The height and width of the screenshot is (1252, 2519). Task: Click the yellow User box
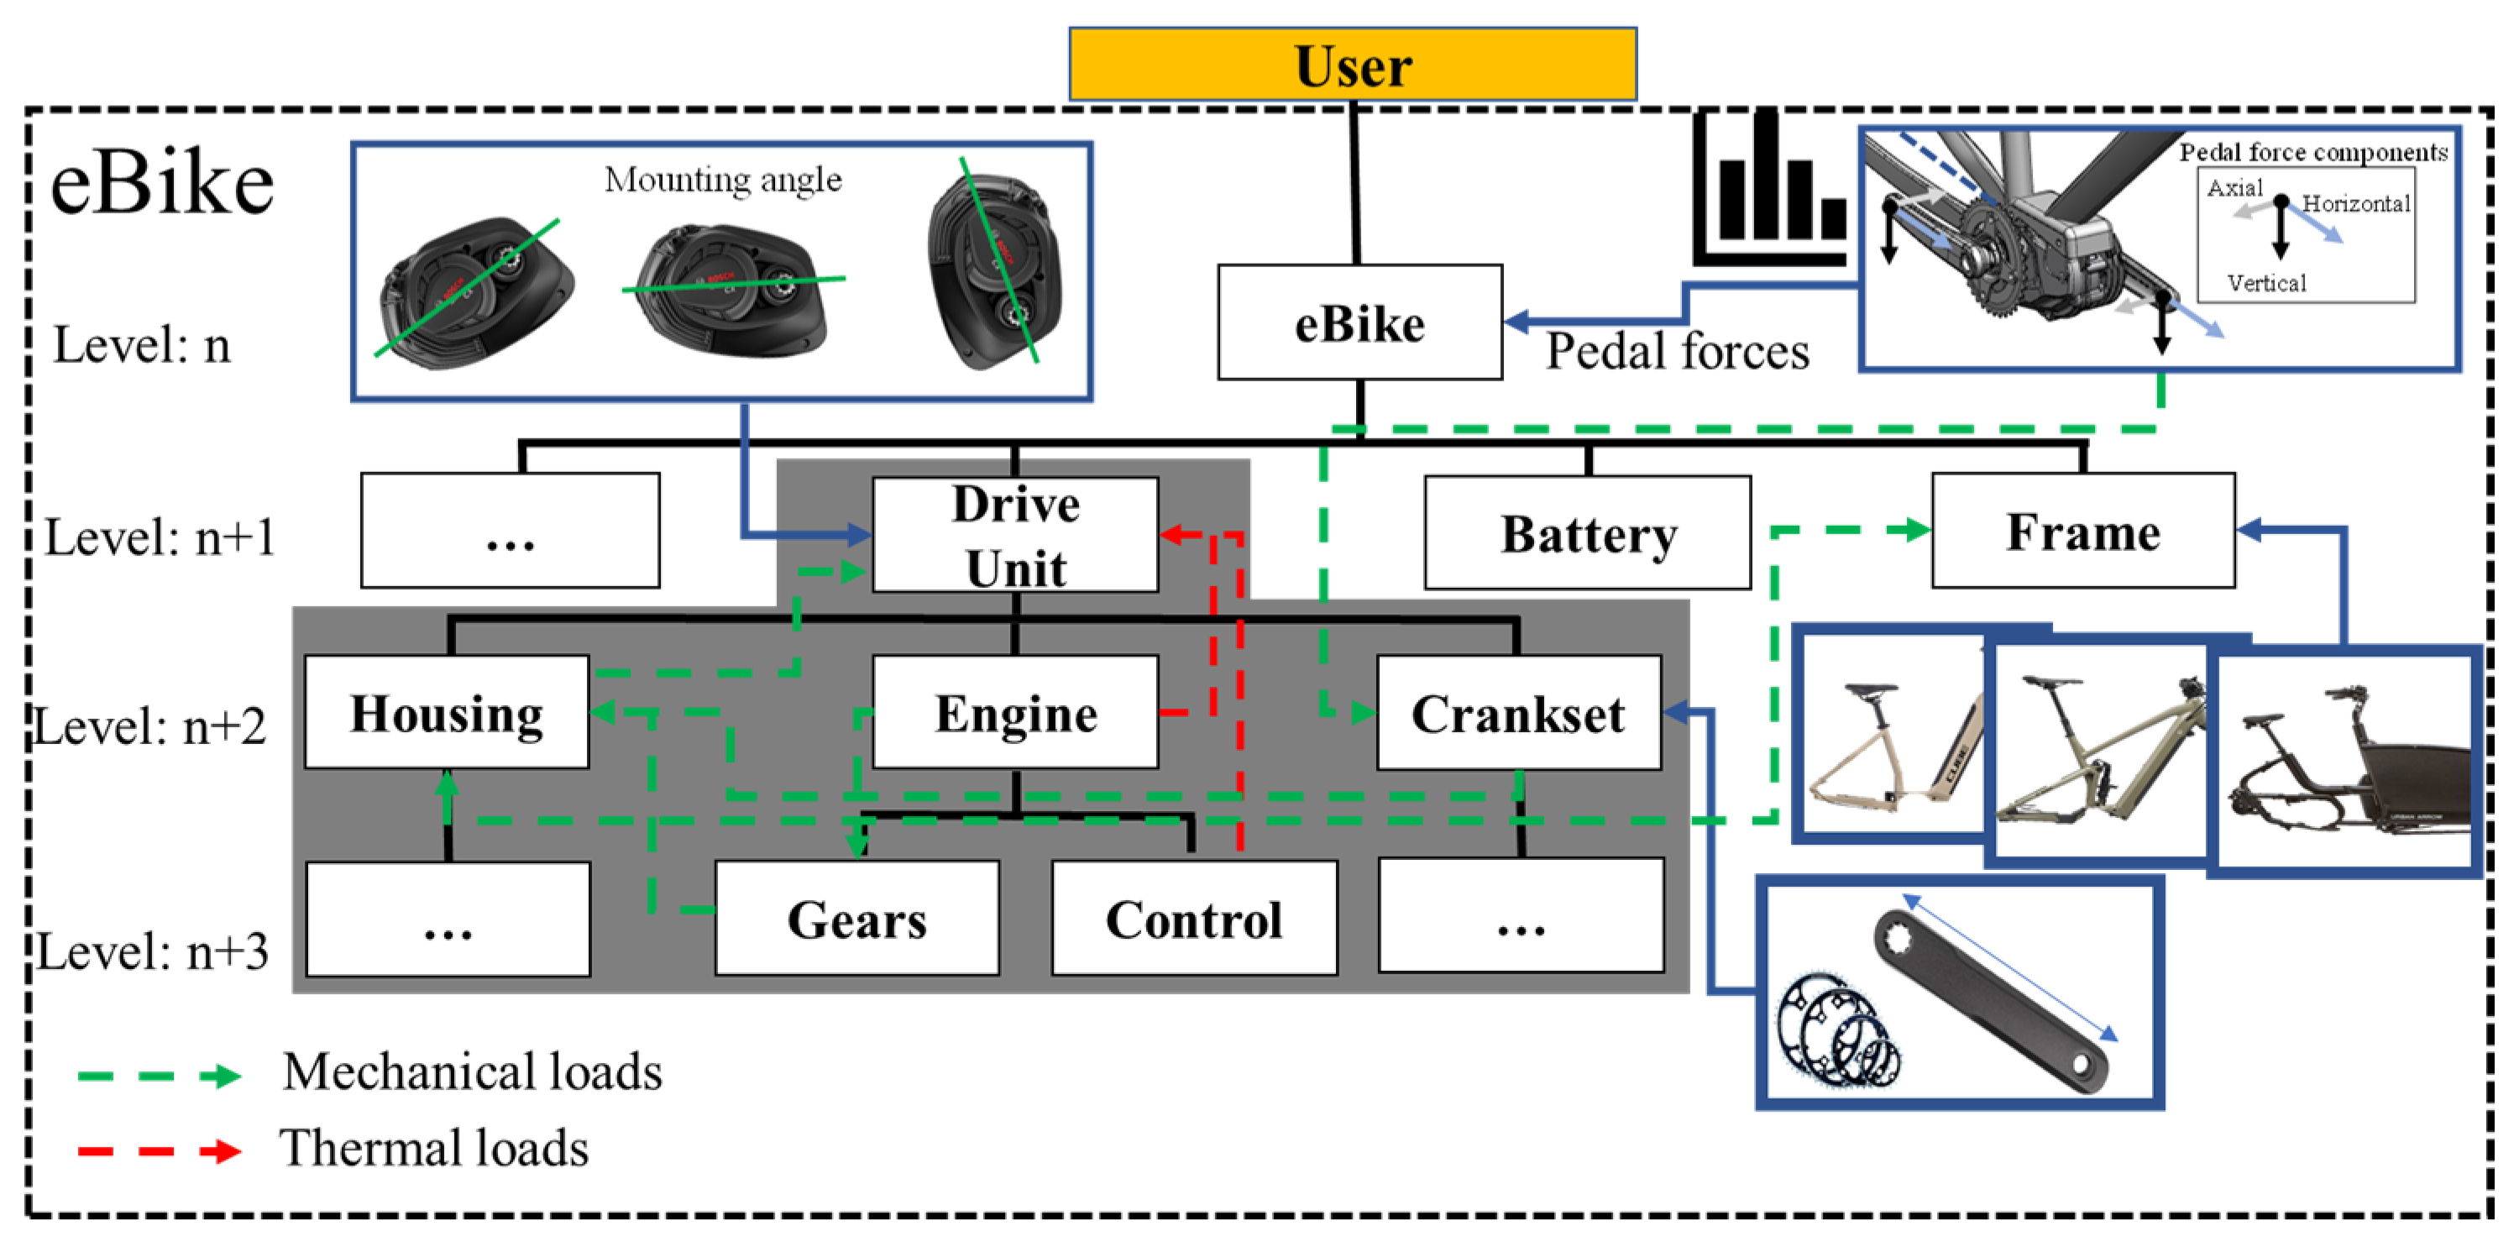point(1353,64)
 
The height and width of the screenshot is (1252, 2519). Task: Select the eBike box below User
point(1359,322)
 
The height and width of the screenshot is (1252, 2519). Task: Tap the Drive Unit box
point(1015,535)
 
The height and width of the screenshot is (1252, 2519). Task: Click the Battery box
point(1587,533)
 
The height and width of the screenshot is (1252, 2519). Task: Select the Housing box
point(447,712)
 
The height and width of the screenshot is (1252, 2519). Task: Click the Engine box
point(1015,712)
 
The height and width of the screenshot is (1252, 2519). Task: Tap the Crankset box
point(1519,712)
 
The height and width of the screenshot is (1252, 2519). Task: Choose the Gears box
point(856,919)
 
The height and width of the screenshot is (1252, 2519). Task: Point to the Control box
point(1194,919)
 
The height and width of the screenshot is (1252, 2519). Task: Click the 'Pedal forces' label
point(1677,350)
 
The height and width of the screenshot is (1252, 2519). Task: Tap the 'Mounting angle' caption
point(723,180)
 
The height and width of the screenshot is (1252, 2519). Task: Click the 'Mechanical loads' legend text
point(472,1072)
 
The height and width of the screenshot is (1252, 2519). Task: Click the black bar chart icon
point(1770,188)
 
